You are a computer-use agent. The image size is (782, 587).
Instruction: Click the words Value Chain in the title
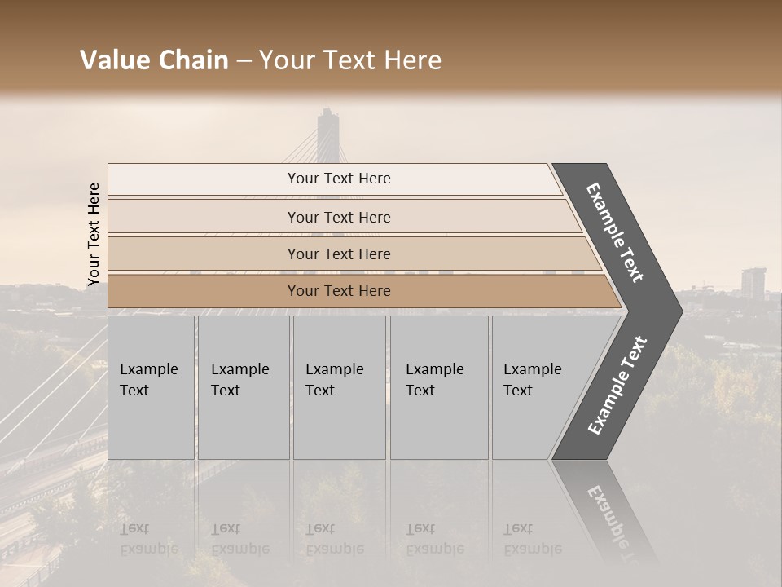coord(154,60)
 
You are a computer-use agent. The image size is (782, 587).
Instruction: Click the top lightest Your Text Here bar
coord(339,179)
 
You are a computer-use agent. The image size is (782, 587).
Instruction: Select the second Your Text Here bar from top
coord(339,217)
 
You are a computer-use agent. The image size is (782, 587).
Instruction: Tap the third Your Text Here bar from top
coord(339,254)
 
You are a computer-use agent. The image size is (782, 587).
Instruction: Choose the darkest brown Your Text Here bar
coord(339,291)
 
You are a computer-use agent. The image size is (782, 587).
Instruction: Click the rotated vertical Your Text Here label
coord(94,234)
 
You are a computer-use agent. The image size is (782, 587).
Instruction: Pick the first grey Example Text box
coord(151,387)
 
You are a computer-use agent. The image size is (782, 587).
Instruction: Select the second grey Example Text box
coord(244,387)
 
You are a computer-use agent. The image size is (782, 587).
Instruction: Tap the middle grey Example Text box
coord(339,387)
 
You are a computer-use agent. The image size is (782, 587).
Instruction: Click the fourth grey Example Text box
coord(439,387)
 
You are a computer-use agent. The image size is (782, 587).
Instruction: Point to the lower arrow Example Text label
coord(617,386)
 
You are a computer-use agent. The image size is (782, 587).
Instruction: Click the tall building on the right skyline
coord(753,282)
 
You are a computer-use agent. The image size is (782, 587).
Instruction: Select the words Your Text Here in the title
coord(350,60)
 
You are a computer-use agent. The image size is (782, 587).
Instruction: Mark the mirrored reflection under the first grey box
coord(151,514)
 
